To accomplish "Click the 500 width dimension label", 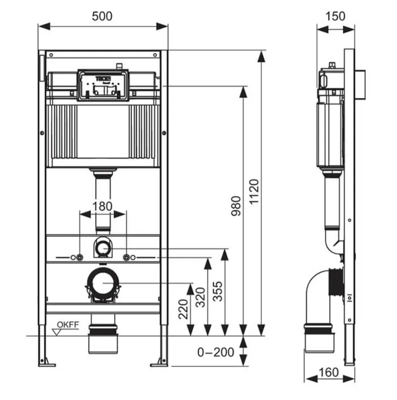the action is tap(102, 16).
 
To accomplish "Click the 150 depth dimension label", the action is tap(335, 16).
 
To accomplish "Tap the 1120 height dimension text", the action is tap(254, 192).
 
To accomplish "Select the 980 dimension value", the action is tap(236, 206).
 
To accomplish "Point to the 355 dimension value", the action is tap(218, 291).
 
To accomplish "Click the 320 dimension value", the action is tap(200, 297).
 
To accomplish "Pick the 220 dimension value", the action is tap(183, 309).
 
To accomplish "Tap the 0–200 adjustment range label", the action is tap(216, 352).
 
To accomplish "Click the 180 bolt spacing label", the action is tap(102, 206).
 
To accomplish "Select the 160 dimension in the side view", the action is tap(328, 372).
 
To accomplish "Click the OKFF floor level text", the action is tap(68, 325).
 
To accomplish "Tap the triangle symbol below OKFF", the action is tap(57, 332).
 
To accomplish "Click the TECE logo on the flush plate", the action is tap(103, 78).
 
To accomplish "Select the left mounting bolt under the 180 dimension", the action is tap(79, 258).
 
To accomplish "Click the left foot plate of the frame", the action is tap(47, 365).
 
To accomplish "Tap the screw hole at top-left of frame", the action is tap(51, 55).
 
